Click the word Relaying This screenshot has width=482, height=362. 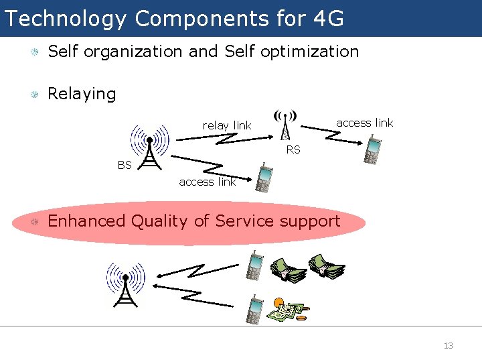point(82,94)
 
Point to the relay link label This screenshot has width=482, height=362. point(227,125)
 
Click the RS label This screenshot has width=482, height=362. point(293,150)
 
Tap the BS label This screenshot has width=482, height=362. point(125,165)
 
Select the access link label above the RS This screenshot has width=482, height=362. point(365,123)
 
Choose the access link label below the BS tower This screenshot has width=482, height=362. point(208,182)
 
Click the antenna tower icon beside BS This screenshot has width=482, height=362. point(150,147)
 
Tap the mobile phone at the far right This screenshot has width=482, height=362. point(372,149)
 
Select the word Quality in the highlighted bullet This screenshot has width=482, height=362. point(161,221)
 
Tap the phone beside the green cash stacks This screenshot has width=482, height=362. point(254,265)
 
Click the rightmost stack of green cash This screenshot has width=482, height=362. point(326,266)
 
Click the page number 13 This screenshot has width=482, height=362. point(448,346)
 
